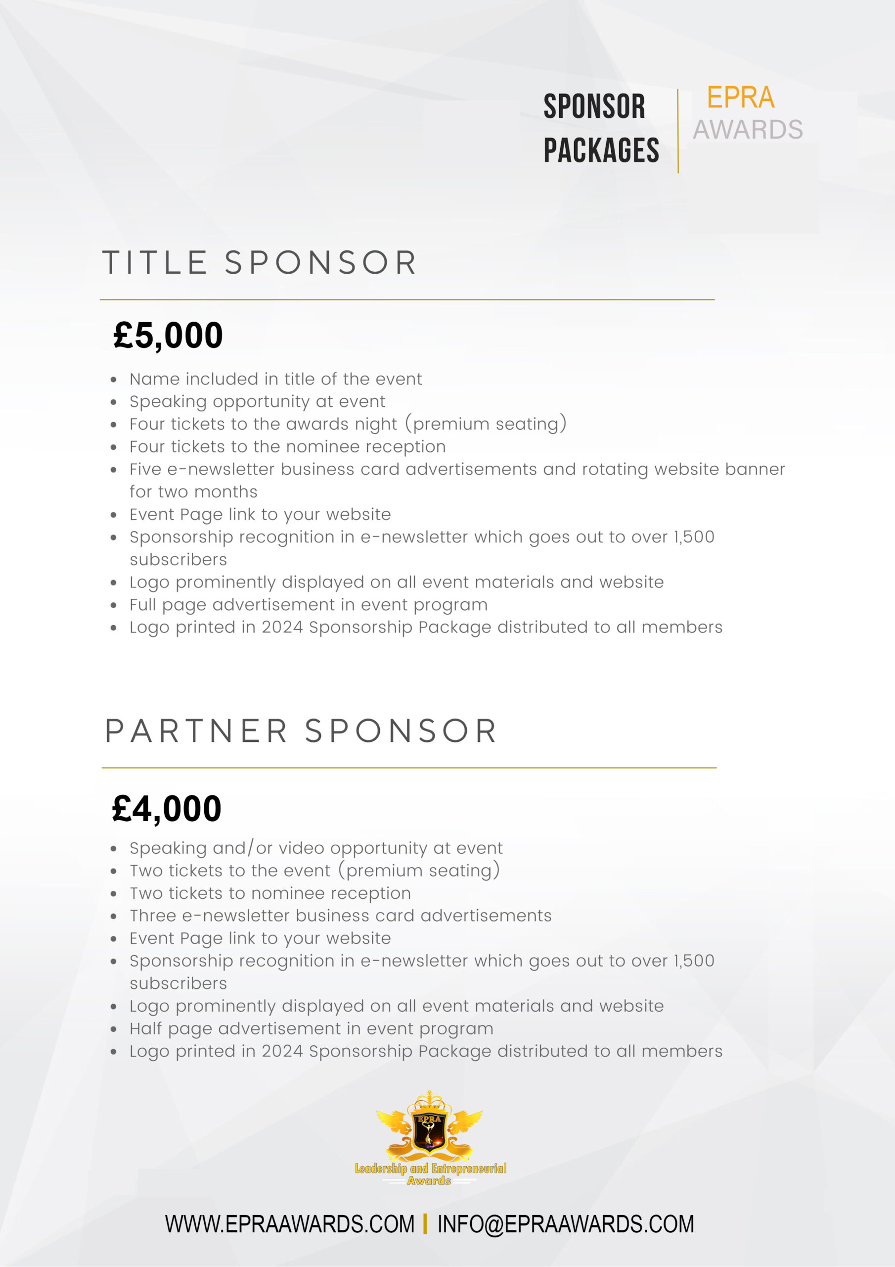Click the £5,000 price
168,335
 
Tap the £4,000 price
167,808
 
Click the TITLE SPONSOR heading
259,262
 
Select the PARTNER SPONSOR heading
301,731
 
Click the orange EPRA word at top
740,97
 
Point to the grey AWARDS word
747,130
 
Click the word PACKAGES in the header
601,150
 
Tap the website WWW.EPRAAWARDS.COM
289,1224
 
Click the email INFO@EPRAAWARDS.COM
565,1224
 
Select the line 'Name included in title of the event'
276,379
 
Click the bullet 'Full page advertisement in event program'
308,605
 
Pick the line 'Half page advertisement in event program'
311,1028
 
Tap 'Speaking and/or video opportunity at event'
316,848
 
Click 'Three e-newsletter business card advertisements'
340,916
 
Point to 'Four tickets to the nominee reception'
287,446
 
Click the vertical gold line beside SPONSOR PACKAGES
678,131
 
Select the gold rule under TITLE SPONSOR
407,299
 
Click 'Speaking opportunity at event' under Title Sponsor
257,402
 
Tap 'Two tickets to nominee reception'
270,893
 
